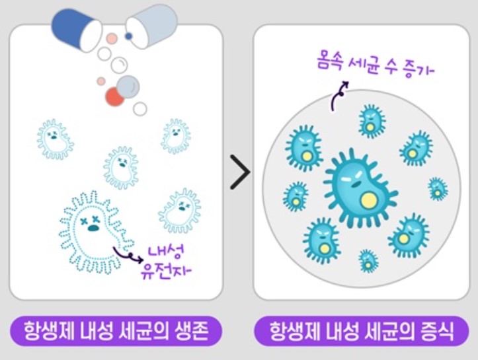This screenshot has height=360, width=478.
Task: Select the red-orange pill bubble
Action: (x=115, y=98)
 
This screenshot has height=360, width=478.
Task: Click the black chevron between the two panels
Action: (x=240, y=173)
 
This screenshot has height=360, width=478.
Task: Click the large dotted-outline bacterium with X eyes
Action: (x=93, y=231)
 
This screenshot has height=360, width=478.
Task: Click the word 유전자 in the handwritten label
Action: (x=166, y=271)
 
